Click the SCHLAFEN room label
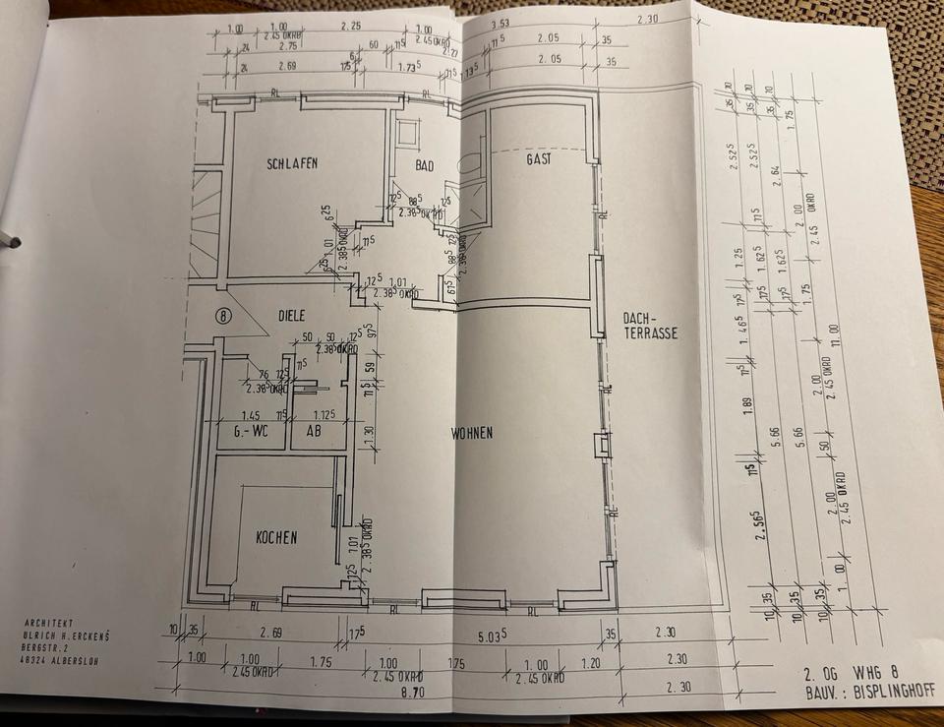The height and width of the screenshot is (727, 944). coord(291,164)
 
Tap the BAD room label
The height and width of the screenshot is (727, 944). coord(425,165)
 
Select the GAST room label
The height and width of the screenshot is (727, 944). coord(538,158)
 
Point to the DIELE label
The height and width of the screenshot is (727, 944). coord(291,316)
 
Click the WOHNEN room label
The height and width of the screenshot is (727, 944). coord(472,433)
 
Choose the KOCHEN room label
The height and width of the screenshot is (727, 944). coord(276,537)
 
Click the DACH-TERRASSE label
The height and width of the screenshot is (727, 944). coord(650,326)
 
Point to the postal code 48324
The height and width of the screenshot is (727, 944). coord(33,661)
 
